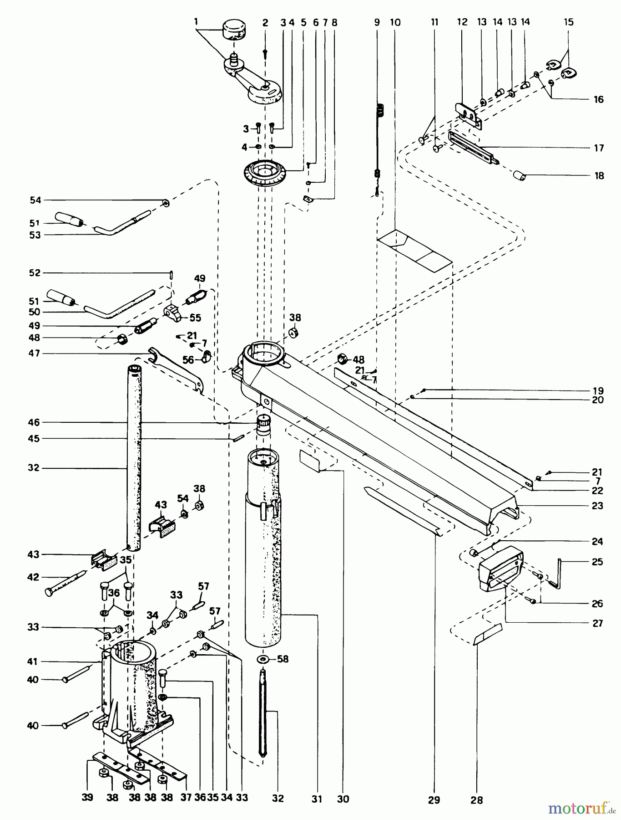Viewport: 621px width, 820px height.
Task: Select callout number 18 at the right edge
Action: [x=599, y=176]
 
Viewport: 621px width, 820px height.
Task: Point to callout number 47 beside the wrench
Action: [x=35, y=353]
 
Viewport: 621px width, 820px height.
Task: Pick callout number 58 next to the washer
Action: [x=283, y=659]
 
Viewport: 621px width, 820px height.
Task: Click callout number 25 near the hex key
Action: [x=597, y=562]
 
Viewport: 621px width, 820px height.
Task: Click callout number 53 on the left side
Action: [x=35, y=235]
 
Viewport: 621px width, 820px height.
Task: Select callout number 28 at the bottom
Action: [x=476, y=800]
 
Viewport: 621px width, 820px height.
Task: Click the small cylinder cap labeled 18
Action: [x=520, y=175]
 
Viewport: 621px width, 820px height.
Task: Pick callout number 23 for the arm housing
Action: [x=597, y=506]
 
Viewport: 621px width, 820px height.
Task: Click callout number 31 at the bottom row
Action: [x=317, y=799]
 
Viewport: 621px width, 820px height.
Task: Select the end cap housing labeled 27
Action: [x=500, y=569]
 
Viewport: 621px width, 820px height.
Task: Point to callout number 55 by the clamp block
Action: [x=196, y=318]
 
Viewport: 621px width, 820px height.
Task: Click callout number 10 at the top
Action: [x=395, y=22]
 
